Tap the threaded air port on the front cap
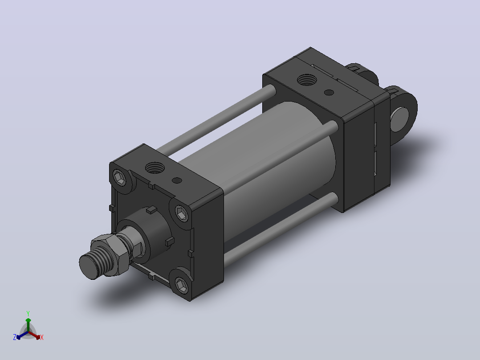tap(155, 168)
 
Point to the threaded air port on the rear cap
tap(307, 80)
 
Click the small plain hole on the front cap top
tap(177, 180)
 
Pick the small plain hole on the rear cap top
tap(329, 92)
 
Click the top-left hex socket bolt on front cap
tap(119, 178)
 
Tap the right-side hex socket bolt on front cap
tap(182, 213)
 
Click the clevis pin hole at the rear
tap(399, 119)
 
